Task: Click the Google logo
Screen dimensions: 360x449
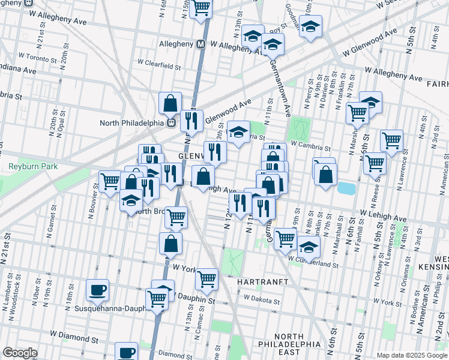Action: click(19, 353)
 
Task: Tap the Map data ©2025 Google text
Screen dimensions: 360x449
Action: click(412, 355)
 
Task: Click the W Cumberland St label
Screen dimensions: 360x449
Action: click(312, 262)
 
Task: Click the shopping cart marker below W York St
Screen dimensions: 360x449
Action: click(206, 278)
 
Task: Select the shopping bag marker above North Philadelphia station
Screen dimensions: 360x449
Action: click(170, 103)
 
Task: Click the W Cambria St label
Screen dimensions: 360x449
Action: click(310, 146)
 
